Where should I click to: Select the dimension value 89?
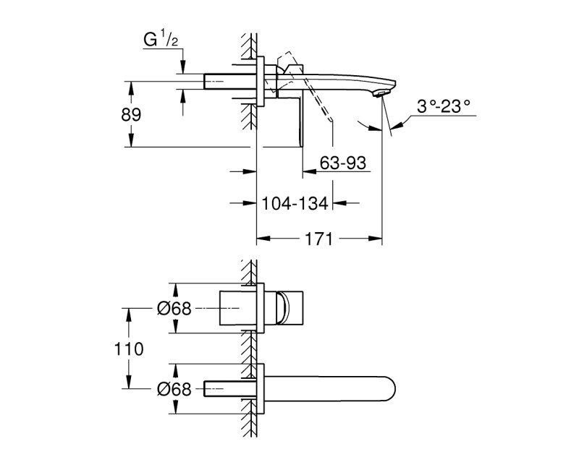130,115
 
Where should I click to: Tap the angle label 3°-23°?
443,106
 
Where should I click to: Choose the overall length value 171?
319,238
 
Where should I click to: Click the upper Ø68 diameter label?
174,308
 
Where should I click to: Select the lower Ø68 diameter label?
174,390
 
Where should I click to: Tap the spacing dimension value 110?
130,349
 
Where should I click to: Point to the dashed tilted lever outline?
288,59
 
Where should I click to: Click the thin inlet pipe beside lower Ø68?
228,389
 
